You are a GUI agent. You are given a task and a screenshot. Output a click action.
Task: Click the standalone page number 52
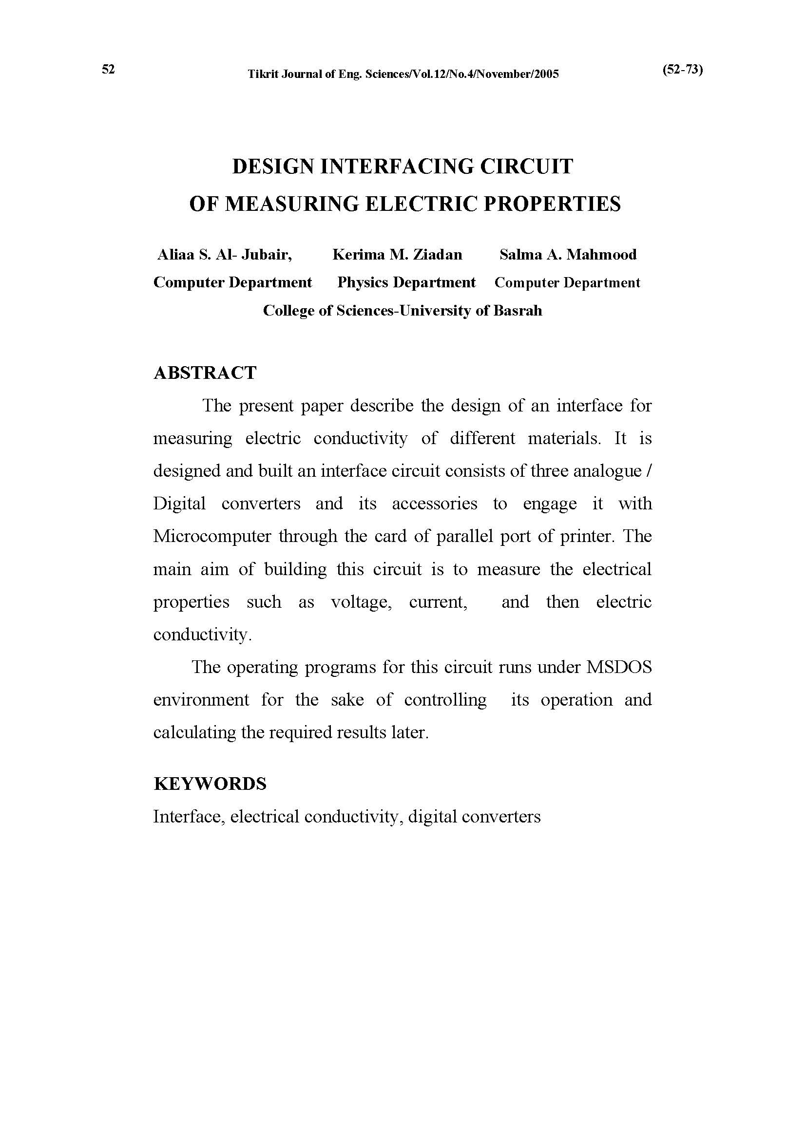[x=108, y=70]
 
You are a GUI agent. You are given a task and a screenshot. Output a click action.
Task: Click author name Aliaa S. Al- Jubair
[x=224, y=255]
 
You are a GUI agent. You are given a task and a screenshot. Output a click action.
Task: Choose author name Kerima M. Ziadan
[x=397, y=255]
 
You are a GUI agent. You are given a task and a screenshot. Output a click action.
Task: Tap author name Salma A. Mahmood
[x=568, y=255]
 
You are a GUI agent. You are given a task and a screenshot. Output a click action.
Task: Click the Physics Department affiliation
[x=406, y=282]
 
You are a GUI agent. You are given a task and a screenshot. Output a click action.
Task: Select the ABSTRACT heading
[x=205, y=373]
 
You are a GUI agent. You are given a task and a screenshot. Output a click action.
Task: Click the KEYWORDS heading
[x=210, y=784]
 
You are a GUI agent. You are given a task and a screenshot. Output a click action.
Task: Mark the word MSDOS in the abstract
[x=619, y=667]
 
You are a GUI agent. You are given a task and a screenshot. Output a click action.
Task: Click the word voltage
[x=361, y=602]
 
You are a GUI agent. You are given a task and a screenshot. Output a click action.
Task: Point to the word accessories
[x=434, y=504]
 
